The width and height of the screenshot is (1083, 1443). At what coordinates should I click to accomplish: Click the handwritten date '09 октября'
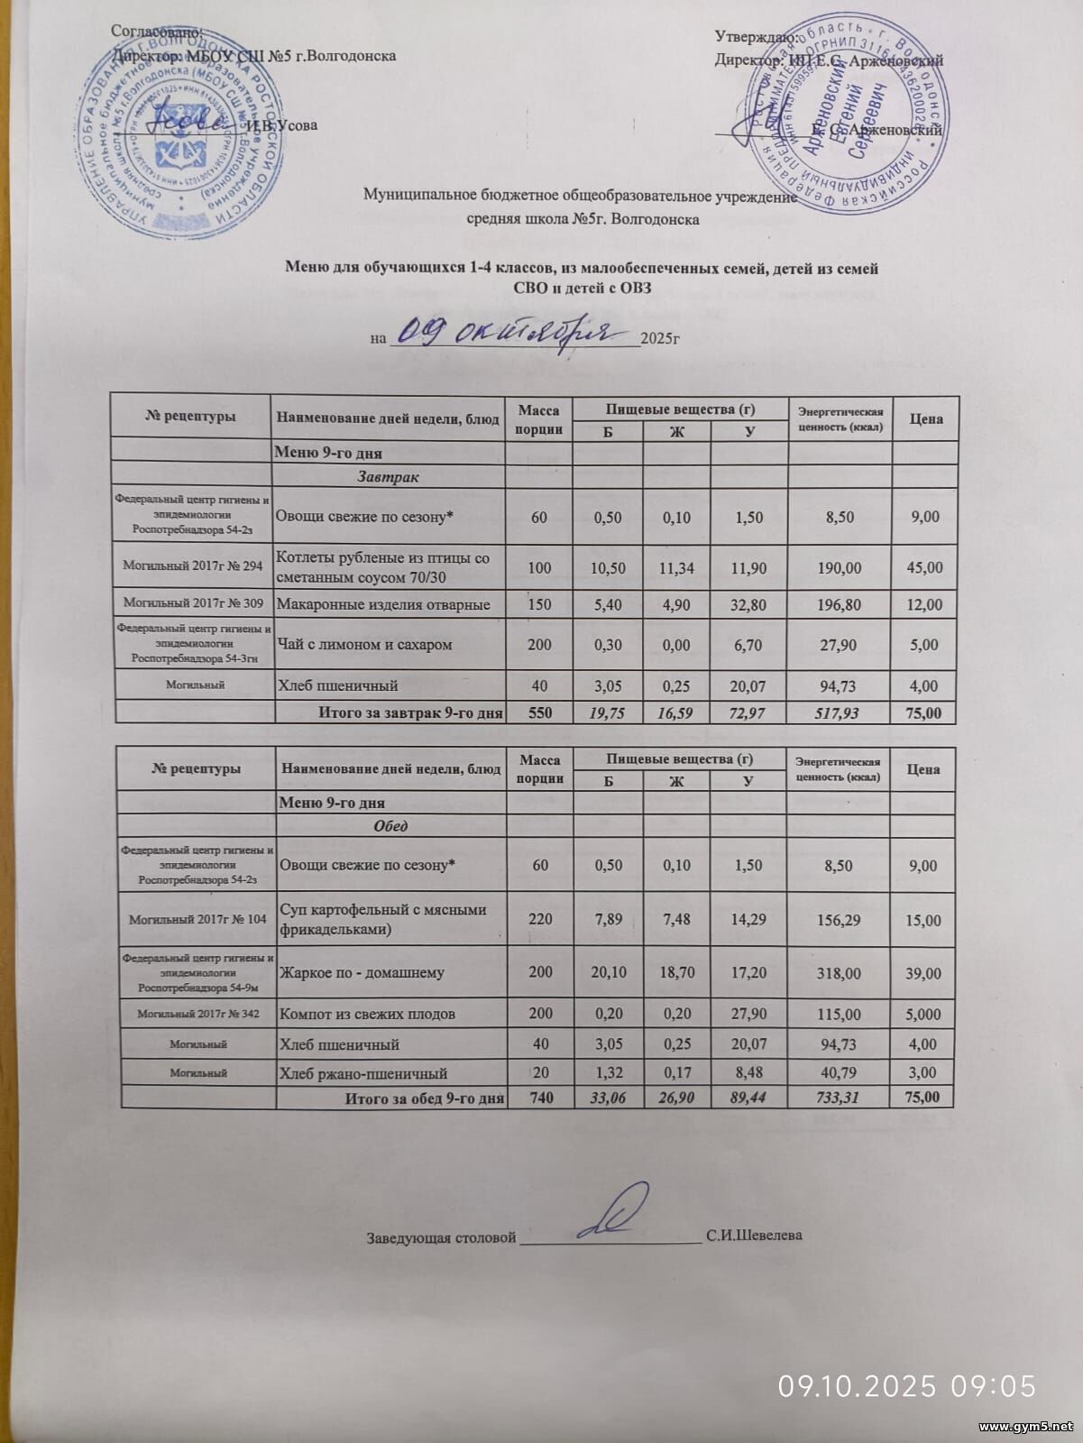tap(506, 333)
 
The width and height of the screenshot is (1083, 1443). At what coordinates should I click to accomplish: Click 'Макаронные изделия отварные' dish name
tap(383, 604)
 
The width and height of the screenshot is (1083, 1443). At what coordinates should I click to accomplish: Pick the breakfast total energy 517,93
tap(840, 713)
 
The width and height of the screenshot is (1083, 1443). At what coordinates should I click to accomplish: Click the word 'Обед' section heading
tap(390, 826)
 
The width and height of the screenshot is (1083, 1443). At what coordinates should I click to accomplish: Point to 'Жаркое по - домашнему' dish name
tap(363, 973)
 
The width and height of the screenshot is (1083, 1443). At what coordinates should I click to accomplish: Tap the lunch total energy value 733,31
tap(839, 1098)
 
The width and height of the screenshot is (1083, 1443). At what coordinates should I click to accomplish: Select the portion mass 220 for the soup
tap(540, 919)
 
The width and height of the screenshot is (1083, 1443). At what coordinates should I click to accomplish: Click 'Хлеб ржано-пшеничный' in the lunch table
tap(363, 1073)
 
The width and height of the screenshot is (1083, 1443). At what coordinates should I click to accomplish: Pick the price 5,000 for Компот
tap(922, 1014)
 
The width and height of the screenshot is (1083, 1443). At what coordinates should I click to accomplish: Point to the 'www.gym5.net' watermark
tap(1025, 1427)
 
